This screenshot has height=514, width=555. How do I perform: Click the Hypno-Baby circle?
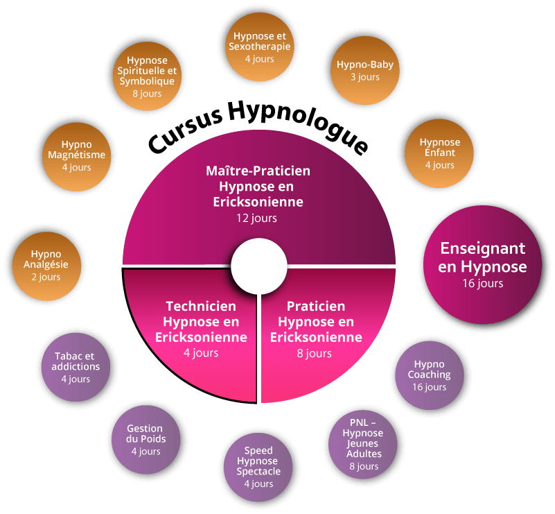coord(365,70)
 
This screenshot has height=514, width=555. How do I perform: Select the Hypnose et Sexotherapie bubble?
coord(259,47)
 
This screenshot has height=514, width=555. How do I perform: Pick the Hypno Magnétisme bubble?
coord(76,156)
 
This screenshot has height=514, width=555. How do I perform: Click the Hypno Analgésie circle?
coord(46,266)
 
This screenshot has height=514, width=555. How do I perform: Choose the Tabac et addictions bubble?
coord(76,367)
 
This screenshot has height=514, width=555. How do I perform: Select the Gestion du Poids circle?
coord(146,440)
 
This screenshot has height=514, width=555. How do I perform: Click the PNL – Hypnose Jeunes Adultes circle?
coord(363,444)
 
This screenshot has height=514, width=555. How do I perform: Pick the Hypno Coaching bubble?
coord(430,375)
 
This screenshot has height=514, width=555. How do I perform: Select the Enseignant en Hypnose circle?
coord(483,266)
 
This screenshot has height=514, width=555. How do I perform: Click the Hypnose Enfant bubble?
coord(439,153)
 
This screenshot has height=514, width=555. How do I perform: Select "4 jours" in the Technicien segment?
coord(201,353)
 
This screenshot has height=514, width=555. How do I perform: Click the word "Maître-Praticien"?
coord(258,171)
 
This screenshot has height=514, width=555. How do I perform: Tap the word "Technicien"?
coord(201,306)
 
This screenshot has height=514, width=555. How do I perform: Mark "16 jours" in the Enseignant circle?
coord(483,283)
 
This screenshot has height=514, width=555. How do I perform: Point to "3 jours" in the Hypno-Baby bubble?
coord(365,77)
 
